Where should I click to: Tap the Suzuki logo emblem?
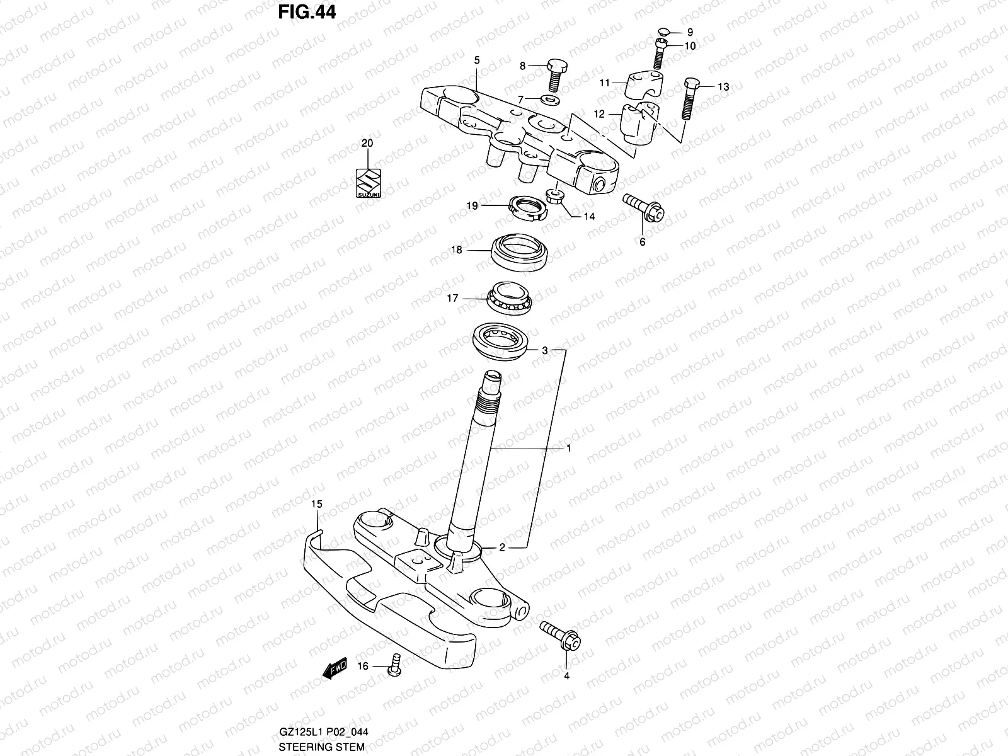point(369,183)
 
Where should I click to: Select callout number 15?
point(316,504)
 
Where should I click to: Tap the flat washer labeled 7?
point(553,100)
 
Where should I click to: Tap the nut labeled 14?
point(555,196)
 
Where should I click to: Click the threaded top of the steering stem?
point(490,394)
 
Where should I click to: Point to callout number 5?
point(477,60)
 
